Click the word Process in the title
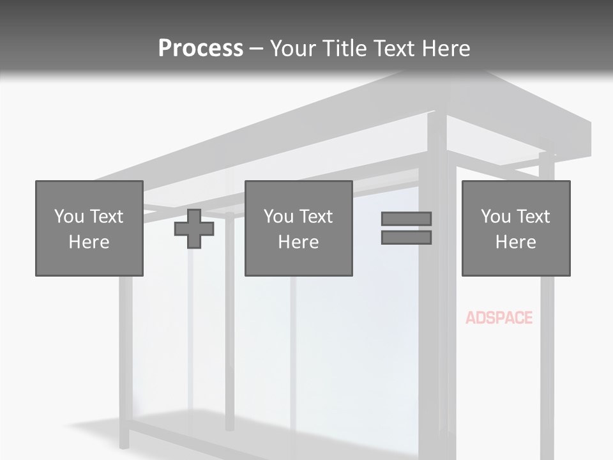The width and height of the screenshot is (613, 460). point(201,49)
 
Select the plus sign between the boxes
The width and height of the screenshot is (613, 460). point(194,229)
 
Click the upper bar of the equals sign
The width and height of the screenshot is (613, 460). point(406,218)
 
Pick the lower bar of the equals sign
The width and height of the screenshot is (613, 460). point(406,238)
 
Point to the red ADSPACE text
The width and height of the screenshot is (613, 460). point(499,318)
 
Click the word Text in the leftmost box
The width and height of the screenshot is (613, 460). point(107,217)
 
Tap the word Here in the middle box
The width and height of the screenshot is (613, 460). point(298,242)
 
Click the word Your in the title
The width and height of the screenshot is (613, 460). point(294,49)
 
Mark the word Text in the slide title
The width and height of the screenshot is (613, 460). point(393,49)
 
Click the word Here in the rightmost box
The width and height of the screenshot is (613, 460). point(516,242)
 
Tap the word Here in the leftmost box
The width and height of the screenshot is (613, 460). point(89,242)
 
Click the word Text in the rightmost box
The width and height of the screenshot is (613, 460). point(533,217)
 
